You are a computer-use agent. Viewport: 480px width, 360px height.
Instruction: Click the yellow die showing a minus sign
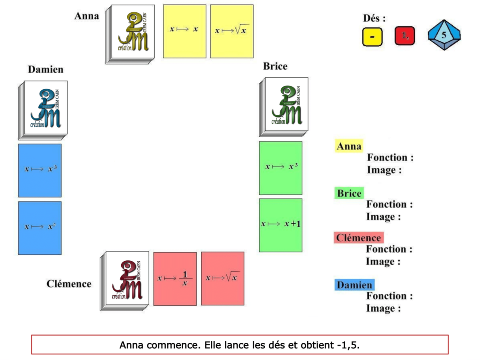(x=372, y=36)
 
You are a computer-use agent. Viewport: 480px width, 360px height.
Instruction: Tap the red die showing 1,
(x=405, y=36)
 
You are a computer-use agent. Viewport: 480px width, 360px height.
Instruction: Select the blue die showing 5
(x=444, y=35)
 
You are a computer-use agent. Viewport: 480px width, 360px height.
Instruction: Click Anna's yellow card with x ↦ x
(x=184, y=31)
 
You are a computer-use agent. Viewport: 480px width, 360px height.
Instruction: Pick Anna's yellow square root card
(x=232, y=31)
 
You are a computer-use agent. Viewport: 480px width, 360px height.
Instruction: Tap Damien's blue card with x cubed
(x=40, y=170)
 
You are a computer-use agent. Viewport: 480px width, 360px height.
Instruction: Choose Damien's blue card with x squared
(x=40, y=228)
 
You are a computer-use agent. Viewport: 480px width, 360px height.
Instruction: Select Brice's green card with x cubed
(x=280, y=168)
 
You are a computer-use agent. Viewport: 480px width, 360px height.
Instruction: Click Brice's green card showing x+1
(x=280, y=225)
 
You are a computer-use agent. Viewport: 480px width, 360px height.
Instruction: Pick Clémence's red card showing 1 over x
(x=175, y=279)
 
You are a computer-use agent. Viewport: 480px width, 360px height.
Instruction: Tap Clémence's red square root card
(x=222, y=278)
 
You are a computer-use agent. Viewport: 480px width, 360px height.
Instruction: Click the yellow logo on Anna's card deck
(x=133, y=32)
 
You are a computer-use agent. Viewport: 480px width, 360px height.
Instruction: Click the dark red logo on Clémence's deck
(x=127, y=279)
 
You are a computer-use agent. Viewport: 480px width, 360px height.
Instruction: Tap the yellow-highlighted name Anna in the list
(x=348, y=146)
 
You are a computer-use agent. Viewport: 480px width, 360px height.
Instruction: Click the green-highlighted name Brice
(x=349, y=194)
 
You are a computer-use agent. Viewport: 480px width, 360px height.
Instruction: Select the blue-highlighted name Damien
(x=354, y=285)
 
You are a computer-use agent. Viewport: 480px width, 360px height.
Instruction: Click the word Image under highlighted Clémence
(x=383, y=262)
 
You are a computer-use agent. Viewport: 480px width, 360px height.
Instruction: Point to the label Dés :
(x=374, y=18)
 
